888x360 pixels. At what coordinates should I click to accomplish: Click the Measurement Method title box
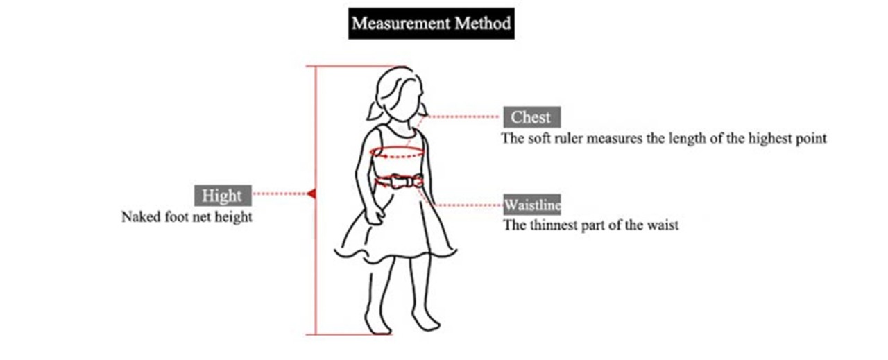(431, 24)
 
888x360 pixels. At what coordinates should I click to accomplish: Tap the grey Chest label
(531, 117)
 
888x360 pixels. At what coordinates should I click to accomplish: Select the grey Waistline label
(532, 205)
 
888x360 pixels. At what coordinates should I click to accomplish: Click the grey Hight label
(222, 195)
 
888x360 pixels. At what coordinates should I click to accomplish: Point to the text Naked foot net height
(187, 217)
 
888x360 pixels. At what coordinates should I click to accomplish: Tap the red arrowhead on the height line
(311, 194)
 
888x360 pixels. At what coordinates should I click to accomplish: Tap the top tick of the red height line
(347, 66)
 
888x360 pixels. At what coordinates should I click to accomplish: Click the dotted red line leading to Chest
(465, 117)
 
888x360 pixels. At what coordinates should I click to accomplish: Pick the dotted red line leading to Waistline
(468, 205)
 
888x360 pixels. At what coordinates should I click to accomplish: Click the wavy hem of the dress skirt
(395, 252)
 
